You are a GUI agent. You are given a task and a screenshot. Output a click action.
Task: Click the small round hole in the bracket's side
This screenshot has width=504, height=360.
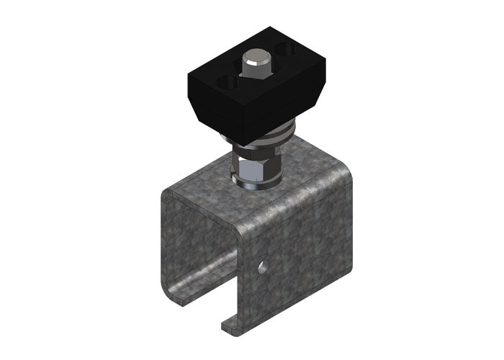[x=264, y=267]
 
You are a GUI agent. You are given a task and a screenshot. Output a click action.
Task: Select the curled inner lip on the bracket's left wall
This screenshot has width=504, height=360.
[x=189, y=284]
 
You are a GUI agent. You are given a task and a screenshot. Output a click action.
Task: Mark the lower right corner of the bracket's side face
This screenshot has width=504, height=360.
[x=346, y=288]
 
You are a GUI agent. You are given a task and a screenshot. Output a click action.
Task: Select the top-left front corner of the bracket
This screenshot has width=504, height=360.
[x=164, y=193]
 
